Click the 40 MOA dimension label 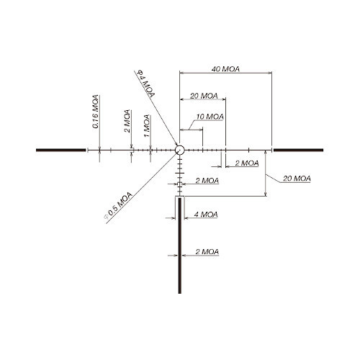tap(225, 69)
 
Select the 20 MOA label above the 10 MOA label tap(204, 96)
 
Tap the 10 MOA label tap(210, 117)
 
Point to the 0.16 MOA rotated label tap(96, 112)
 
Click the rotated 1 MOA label tap(147, 126)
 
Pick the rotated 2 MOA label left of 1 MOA tap(127, 121)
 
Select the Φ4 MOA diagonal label tap(145, 84)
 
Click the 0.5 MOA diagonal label tap(118, 205)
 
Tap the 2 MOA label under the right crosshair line tap(247, 163)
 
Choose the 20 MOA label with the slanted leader tap(297, 179)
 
